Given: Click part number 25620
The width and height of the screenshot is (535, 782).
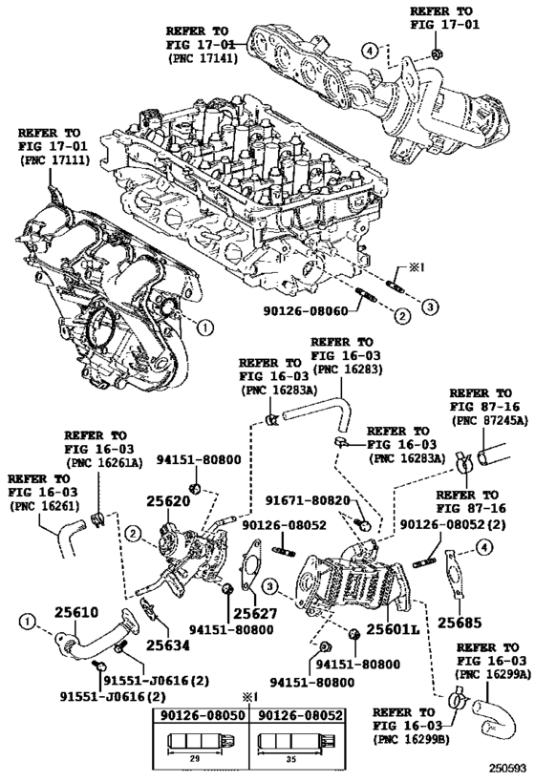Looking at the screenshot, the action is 168,501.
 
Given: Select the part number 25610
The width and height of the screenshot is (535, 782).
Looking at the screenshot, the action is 76,612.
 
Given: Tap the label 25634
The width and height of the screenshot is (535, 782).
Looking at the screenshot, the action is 168,645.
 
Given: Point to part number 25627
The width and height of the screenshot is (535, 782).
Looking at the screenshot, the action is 255,613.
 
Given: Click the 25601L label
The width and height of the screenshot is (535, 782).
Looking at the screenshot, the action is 393,629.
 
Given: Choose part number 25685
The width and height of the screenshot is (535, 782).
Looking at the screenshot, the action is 460,623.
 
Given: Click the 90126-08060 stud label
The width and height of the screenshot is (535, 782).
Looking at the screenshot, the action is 306,311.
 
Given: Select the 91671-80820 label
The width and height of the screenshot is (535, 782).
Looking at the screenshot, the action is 308,500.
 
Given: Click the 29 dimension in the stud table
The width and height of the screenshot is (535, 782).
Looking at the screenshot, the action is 195,758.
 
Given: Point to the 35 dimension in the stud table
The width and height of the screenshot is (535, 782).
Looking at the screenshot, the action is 292,758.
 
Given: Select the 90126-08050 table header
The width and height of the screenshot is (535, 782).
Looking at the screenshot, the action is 203,715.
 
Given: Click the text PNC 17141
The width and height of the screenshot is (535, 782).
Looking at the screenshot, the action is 203,58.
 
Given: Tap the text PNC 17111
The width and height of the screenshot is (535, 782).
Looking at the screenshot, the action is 53,160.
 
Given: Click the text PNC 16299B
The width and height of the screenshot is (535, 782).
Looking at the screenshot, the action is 411,739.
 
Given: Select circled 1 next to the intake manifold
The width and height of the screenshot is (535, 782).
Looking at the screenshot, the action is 205,328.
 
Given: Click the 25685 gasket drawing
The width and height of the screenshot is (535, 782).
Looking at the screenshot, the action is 454,573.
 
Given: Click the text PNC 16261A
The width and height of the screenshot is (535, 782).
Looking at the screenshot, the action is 104,463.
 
